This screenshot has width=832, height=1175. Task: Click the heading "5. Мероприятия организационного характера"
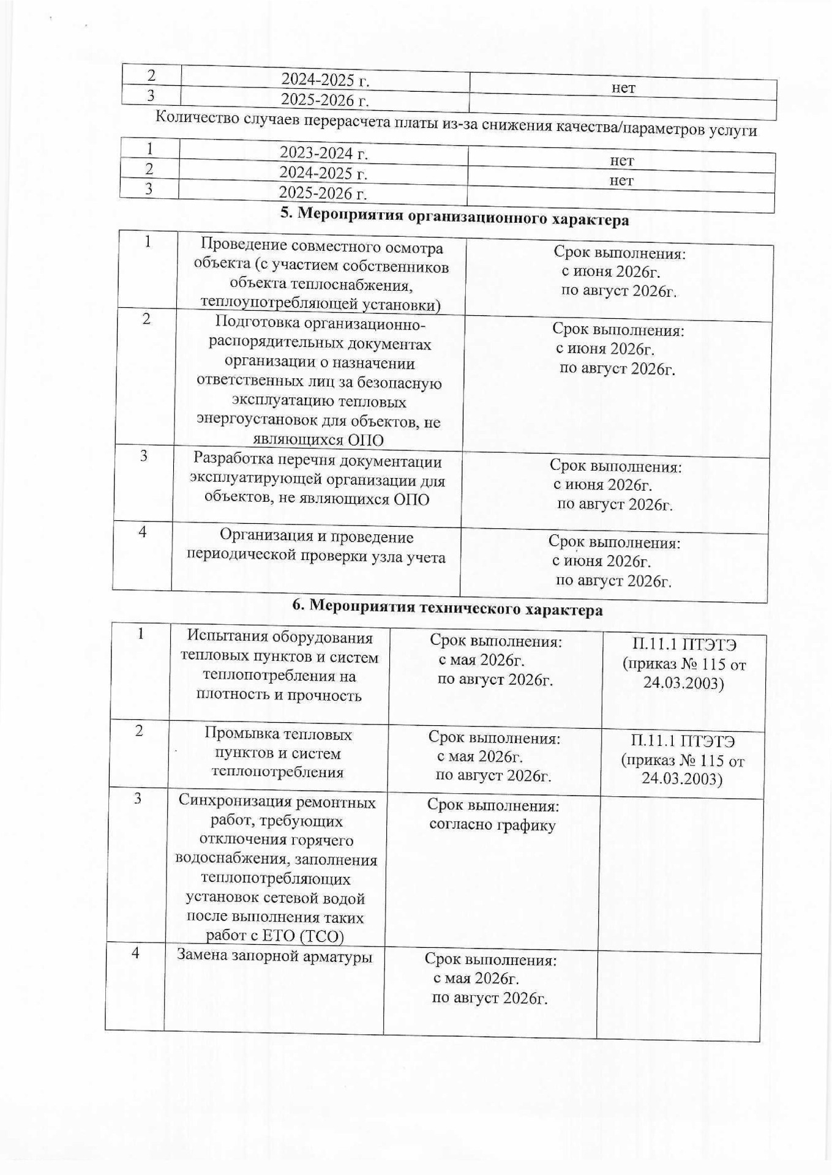(x=454, y=217)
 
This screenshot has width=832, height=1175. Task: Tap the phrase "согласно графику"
(x=492, y=825)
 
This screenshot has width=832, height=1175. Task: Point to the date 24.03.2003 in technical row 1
(x=683, y=683)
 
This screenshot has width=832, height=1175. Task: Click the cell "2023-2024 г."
(x=323, y=153)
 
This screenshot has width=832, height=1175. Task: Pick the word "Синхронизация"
(x=277, y=801)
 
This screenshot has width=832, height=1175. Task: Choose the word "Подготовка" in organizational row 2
(x=252, y=324)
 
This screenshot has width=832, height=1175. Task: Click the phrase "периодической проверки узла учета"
(x=316, y=557)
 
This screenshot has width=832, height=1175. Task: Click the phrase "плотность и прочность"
(x=278, y=695)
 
